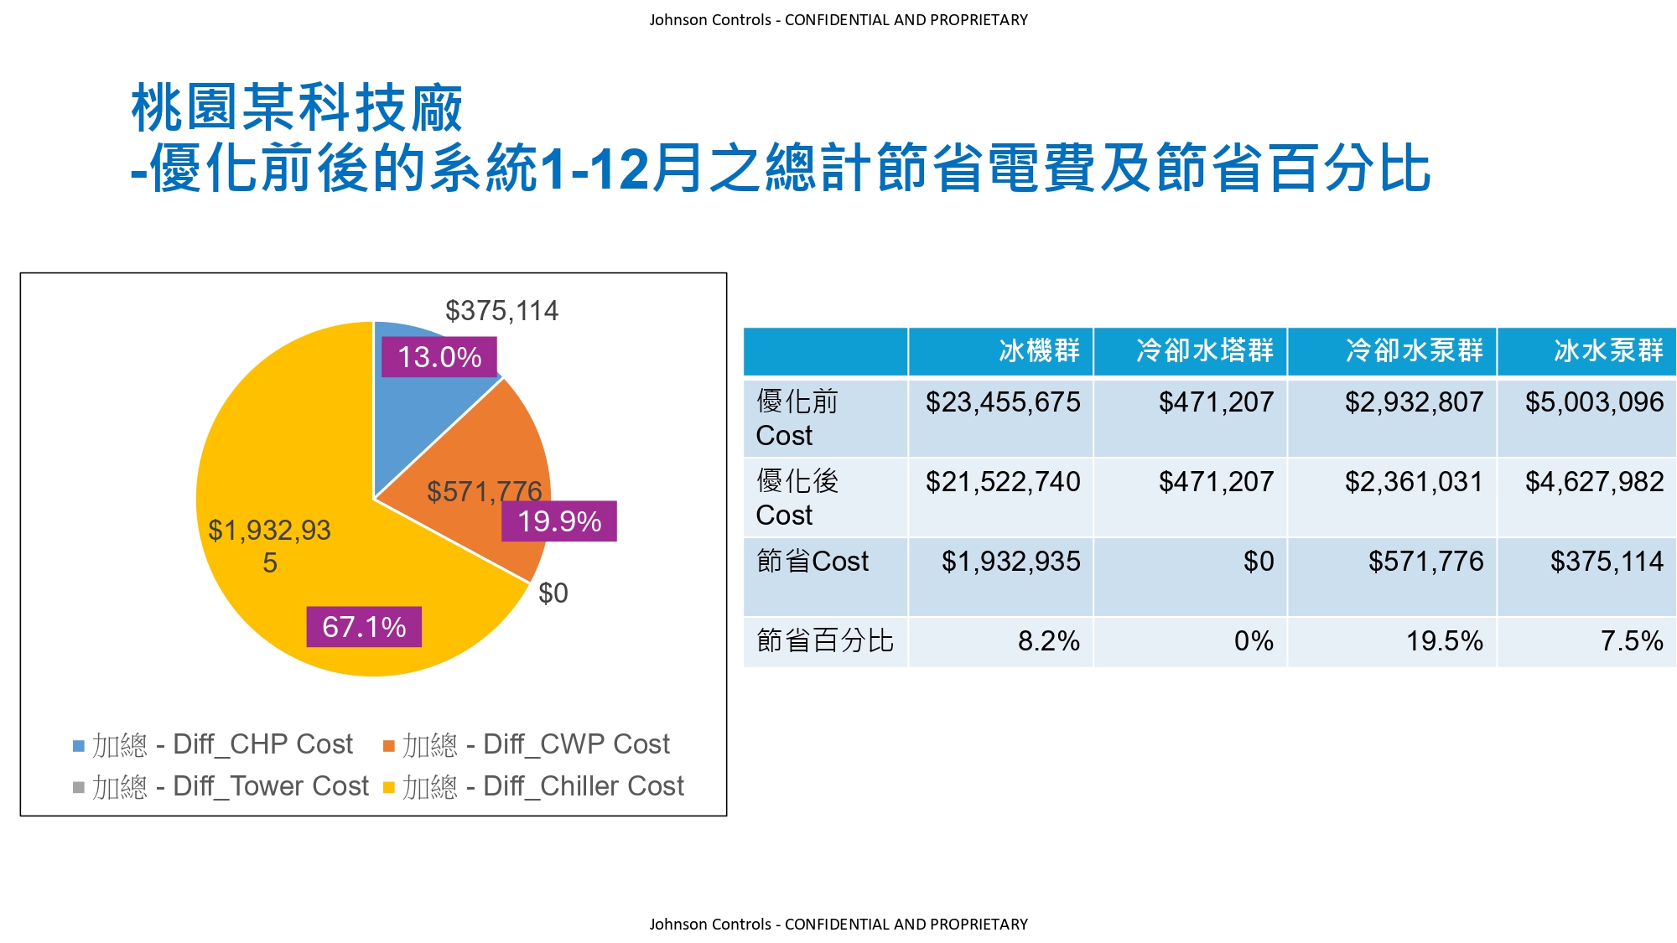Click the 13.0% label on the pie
[439, 357]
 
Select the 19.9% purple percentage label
[559, 521]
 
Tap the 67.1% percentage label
[364, 627]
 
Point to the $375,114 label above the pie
[501, 311]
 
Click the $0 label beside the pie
[553, 593]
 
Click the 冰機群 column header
[1039, 350]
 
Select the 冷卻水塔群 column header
[1205, 350]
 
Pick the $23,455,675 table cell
[1003, 402]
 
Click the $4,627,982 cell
[1594, 482]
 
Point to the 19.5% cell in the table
[1444, 641]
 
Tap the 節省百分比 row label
[825, 641]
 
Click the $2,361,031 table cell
[1414, 482]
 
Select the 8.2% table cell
[1048, 641]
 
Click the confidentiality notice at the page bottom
[838, 924]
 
